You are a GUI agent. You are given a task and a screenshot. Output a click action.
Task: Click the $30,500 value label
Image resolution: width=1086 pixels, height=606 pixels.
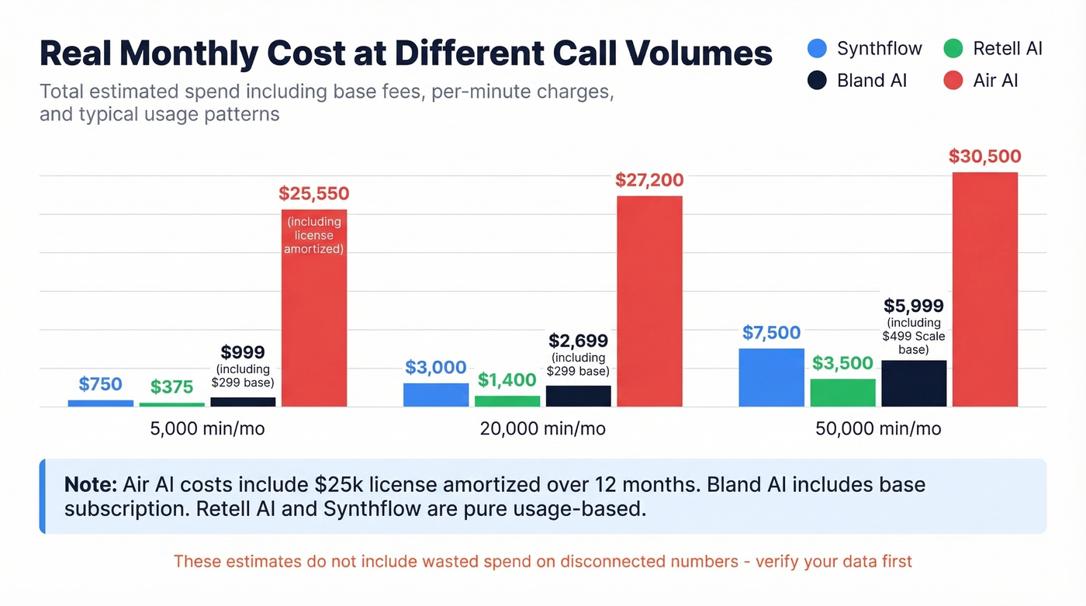click(984, 156)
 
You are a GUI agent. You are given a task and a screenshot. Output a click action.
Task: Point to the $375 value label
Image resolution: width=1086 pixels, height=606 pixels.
click(171, 386)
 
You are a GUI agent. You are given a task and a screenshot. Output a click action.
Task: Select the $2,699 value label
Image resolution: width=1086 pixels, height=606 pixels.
click(578, 341)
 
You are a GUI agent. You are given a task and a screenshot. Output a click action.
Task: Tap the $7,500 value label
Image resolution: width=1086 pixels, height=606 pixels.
click(771, 333)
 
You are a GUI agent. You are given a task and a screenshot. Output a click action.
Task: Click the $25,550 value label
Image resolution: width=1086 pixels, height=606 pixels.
click(314, 193)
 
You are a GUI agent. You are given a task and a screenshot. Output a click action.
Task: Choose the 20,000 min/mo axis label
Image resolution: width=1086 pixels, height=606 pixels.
click(542, 428)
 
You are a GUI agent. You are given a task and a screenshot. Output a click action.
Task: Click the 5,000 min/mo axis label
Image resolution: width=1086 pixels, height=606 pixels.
click(207, 428)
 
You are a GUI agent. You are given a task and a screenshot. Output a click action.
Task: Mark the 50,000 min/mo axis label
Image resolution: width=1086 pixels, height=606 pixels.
click(878, 428)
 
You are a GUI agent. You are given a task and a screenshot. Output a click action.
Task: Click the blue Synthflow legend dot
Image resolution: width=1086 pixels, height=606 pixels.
click(817, 49)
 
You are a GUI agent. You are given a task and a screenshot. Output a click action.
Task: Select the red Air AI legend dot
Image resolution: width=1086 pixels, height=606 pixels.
click(953, 80)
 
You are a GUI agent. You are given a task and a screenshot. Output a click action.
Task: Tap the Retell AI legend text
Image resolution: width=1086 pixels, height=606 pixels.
click(1008, 49)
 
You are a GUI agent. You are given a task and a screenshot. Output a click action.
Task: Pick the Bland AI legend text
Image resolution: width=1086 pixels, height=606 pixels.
click(872, 80)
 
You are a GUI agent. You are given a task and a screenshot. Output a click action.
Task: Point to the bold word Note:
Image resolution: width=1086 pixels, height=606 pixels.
click(90, 485)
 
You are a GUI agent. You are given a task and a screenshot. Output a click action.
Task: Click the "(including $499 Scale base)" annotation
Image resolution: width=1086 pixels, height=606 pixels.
click(914, 336)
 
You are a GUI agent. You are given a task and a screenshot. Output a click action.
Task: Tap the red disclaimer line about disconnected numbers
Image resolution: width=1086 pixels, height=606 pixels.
click(542, 561)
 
